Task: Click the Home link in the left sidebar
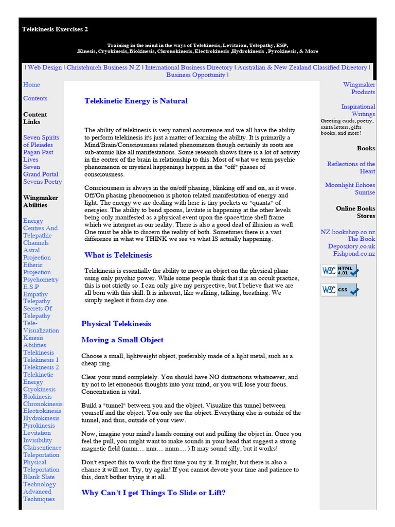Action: coord(31,84)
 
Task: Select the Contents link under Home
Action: coord(35,98)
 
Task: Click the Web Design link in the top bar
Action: coord(45,67)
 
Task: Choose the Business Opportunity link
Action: coord(195,75)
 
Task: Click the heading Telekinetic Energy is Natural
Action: coord(136,101)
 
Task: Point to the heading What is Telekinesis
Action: coord(118,255)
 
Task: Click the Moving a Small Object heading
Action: coord(122,340)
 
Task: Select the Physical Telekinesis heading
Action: coord(116,324)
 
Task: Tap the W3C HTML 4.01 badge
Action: coord(339,271)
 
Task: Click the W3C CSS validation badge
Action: coord(339,290)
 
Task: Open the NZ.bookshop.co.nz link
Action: coord(348,232)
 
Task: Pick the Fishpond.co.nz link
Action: coord(354,254)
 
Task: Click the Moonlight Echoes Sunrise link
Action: coord(350,188)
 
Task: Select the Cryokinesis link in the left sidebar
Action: coord(39,389)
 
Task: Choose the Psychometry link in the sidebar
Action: coord(41,279)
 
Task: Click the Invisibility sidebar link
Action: coord(38,440)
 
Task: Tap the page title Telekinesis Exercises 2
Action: coord(55,29)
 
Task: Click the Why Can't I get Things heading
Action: coord(153,493)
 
